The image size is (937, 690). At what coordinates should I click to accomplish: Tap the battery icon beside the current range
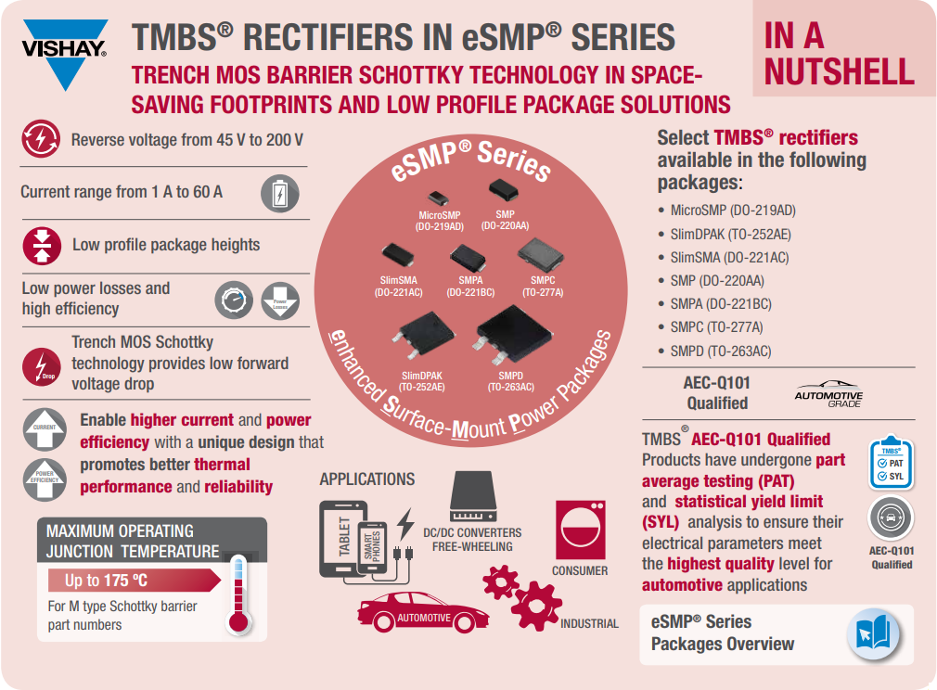(279, 193)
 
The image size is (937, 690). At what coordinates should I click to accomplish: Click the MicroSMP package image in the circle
(438, 198)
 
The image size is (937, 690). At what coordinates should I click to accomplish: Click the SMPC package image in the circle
(542, 253)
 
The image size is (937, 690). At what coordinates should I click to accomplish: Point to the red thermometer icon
(239, 594)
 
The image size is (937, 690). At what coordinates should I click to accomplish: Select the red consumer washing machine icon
(580, 530)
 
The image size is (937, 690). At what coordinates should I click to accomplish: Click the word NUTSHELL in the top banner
(839, 70)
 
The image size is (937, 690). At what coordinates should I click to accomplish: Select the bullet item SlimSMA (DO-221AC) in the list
(729, 257)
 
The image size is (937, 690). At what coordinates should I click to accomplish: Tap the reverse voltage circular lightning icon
(42, 140)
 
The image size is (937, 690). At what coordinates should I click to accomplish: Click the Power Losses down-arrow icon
(280, 301)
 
